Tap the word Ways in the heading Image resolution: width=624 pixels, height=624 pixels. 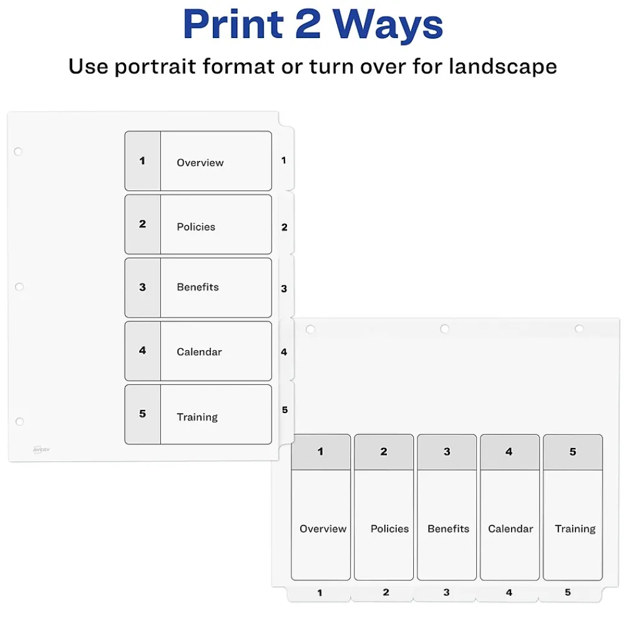click(388, 24)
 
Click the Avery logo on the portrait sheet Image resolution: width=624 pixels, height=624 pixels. click(41, 449)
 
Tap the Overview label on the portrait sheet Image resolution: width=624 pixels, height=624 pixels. click(200, 163)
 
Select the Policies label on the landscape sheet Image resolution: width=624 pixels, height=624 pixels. click(389, 529)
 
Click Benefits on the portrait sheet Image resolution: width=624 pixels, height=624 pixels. click(197, 287)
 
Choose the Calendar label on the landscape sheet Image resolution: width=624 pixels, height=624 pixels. click(510, 529)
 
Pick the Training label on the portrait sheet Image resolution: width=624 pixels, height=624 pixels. click(197, 417)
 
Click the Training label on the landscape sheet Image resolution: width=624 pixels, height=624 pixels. click(575, 529)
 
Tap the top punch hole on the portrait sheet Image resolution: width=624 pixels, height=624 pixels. click(18, 152)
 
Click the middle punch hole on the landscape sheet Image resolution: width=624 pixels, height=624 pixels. click(444, 329)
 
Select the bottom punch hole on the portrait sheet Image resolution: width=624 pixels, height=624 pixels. click(19, 422)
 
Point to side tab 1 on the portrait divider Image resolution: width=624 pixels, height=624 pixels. click(284, 160)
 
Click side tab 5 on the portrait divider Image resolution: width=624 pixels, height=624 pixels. click(285, 410)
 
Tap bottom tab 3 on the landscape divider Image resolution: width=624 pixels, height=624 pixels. click(446, 592)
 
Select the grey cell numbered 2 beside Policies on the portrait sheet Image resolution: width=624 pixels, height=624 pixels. click(142, 224)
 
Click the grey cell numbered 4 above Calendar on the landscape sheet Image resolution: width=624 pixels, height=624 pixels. click(509, 452)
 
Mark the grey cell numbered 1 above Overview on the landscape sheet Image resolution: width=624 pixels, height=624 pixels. click(321, 452)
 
